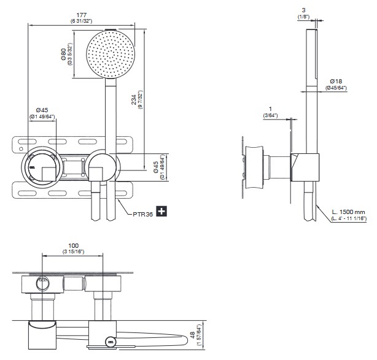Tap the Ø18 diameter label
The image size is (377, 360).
(x=335, y=80)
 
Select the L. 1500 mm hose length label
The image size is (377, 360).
(x=348, y=212)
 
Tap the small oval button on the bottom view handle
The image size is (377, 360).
(x=111, y=342)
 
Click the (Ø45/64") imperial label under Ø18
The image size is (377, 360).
(x=336, y=88)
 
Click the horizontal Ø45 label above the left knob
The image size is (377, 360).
(x=41, y=110)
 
